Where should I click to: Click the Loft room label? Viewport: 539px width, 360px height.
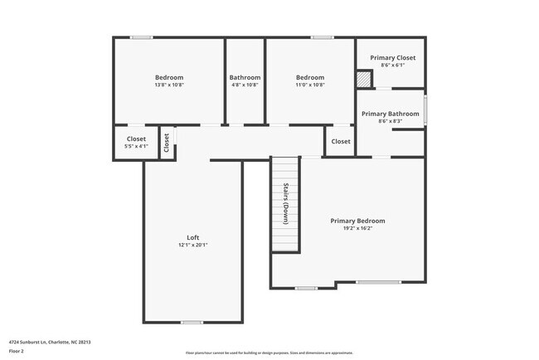192,237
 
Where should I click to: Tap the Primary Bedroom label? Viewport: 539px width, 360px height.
357,221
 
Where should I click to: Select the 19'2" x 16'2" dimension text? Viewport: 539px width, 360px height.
357,229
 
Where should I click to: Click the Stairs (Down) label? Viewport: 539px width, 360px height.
285,203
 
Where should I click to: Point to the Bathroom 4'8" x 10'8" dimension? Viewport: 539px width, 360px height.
245,85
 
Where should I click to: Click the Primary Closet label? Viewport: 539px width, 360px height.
393,58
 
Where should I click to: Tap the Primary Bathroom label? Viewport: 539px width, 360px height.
390,114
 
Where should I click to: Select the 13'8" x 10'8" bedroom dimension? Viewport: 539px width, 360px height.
169,85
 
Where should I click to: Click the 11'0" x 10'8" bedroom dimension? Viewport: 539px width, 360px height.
310,85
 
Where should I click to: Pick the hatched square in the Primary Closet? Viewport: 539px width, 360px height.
363,79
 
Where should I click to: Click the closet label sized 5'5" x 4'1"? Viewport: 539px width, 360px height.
136,139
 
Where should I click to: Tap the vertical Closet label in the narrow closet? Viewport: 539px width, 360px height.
167,143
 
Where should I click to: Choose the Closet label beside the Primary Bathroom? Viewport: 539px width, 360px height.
341,142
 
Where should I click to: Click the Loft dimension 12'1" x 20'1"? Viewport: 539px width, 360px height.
192,246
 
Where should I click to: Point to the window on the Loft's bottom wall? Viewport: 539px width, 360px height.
192,322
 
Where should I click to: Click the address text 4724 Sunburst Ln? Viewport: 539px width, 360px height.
50,342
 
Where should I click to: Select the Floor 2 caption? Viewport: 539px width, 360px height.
17,351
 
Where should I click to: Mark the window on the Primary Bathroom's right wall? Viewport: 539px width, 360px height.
425,110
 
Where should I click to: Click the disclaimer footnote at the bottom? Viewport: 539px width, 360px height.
270,352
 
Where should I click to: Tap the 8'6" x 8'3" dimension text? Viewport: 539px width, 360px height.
390,122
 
